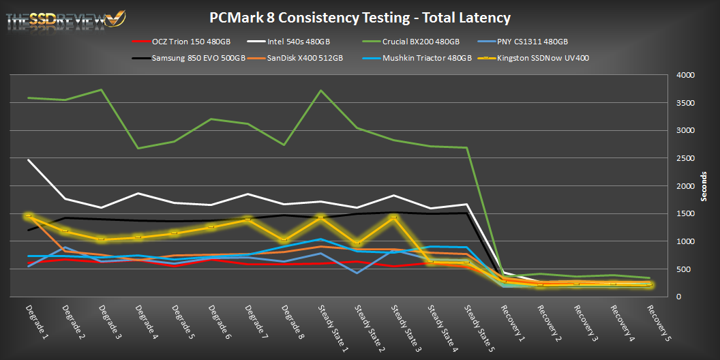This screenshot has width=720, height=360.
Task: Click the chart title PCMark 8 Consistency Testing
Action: point(359,18)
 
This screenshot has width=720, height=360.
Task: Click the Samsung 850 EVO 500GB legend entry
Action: point(194,58)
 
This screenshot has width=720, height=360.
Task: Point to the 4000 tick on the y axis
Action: point(684,75)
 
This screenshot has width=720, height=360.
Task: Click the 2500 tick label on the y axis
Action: point(684,158)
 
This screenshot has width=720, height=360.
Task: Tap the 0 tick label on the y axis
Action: point(678,297)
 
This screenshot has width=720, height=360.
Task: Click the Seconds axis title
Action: point(704,185)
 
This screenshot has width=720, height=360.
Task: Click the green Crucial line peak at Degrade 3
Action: point(101,90)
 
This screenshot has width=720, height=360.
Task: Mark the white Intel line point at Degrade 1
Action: point(28,160)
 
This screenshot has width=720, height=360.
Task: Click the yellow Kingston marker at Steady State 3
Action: point(393,217)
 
